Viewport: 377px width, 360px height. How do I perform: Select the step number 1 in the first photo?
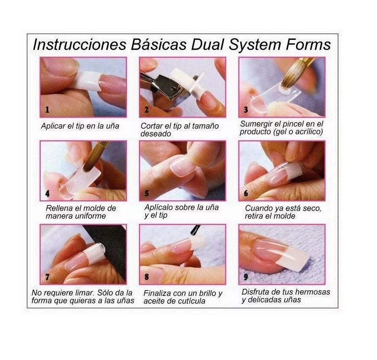pyautogui.click(x=47, y=110)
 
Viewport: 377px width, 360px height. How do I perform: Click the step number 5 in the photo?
pyautogui.click(x=146, y=193)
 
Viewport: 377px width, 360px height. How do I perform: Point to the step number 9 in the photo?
pyautogui.click(x=246, y=277)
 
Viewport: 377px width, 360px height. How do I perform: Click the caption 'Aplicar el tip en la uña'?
pyautogui.click(x=80, y=126)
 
